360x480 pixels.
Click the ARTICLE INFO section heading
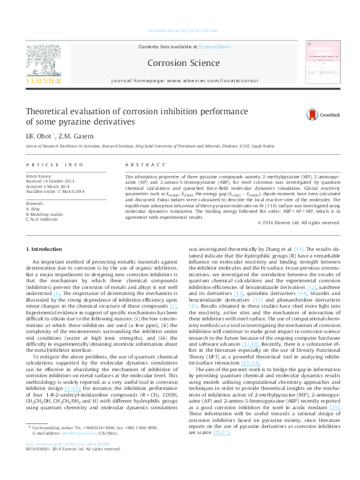tap(54, 164)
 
